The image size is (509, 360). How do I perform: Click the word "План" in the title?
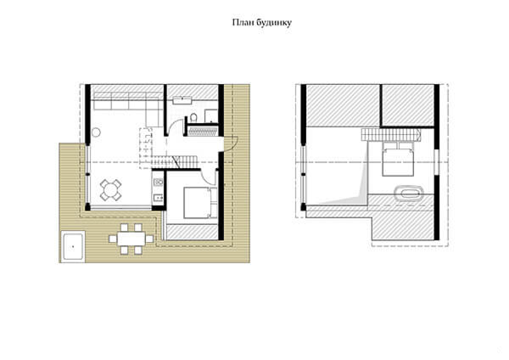[243, 22]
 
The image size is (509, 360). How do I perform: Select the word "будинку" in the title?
[274, 23]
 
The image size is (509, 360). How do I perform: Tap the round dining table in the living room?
[110, 189]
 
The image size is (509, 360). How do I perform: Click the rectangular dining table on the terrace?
[131, 239]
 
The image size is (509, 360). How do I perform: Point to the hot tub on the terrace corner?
[73, 245]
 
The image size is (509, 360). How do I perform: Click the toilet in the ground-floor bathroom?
[193, 118]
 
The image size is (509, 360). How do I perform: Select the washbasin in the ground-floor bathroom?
[182, 100]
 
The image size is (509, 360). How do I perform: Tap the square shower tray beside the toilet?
[211, 116]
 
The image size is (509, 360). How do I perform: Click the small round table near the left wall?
[96, 132]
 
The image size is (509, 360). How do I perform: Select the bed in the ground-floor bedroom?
[200, 203]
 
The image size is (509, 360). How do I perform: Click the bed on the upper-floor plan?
[398, 159]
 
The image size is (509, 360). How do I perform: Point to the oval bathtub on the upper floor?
[409, 194]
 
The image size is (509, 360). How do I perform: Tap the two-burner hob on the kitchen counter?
[158, 182]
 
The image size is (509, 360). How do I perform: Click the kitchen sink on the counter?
[159, 197]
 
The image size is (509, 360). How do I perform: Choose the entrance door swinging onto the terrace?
[231, 143]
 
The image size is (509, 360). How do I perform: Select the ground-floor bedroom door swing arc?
[209, 177]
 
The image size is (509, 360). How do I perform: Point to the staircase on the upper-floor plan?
[391, 134]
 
